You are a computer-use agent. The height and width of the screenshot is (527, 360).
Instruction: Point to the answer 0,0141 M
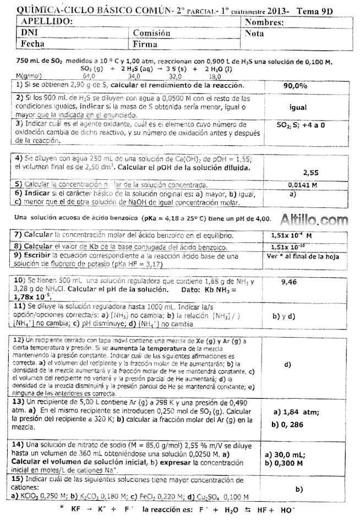click(x=302, y=185)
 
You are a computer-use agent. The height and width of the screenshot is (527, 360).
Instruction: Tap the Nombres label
click(x=264, y=23)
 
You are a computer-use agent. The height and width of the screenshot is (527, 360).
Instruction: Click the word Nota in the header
click(x=254, y=34)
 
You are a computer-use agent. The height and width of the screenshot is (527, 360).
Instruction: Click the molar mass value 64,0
click(x=89, y=76)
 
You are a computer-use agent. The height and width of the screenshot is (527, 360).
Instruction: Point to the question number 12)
click(x=18, y=340)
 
